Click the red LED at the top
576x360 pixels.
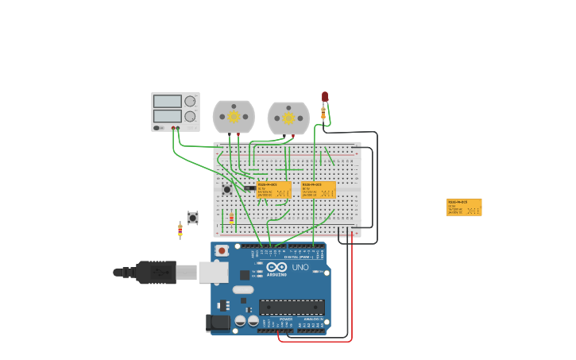(324, 96)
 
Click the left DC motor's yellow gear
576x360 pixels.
(234, 117)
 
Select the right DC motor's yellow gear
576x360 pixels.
(288, 118)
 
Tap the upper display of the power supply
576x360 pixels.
(167, 101)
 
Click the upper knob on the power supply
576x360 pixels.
(190, 101)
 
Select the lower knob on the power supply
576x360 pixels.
(190, 116)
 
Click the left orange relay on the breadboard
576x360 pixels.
(273, 189)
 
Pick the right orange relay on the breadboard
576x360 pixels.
(318, 189)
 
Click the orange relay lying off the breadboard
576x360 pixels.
(464, 207)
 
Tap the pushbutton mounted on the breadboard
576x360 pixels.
(227, 189)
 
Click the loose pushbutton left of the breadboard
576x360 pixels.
(192, 217)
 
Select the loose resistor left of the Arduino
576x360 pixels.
(180, 230)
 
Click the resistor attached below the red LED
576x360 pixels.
(323, 114)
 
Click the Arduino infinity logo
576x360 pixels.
(276, 268)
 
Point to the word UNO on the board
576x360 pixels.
(300, 267)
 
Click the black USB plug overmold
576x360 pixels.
(156, 273)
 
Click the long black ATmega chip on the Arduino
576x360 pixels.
(292, 308)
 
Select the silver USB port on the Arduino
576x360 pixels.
(213, 273)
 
